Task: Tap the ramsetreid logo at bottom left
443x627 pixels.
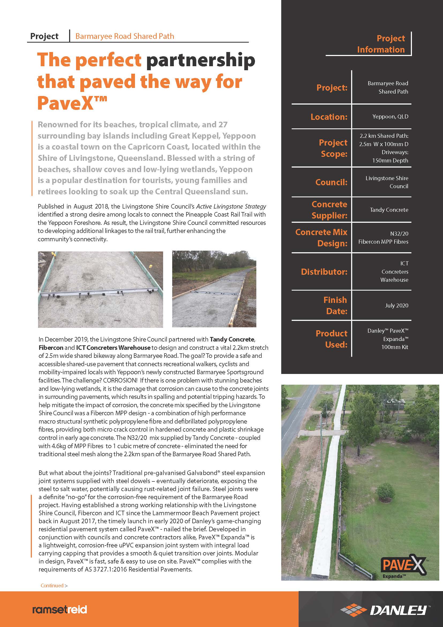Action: [59, 610]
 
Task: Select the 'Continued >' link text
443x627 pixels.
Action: [54, 585]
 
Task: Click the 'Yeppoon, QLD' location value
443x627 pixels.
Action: [390, 117]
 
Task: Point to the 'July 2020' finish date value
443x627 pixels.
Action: [396, 305]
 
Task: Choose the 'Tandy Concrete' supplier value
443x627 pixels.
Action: [389, 210]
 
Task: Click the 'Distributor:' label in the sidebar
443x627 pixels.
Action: [324, 272]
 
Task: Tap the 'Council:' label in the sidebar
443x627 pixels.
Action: [331, 182]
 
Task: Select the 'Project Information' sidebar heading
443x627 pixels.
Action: [381, 44]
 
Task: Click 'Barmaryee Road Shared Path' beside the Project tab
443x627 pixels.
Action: [125, 36]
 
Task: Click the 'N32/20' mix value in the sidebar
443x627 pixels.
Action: [399, 233]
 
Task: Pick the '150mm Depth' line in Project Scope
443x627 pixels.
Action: [390, 160]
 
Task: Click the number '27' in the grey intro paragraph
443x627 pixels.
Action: [223, 125]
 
